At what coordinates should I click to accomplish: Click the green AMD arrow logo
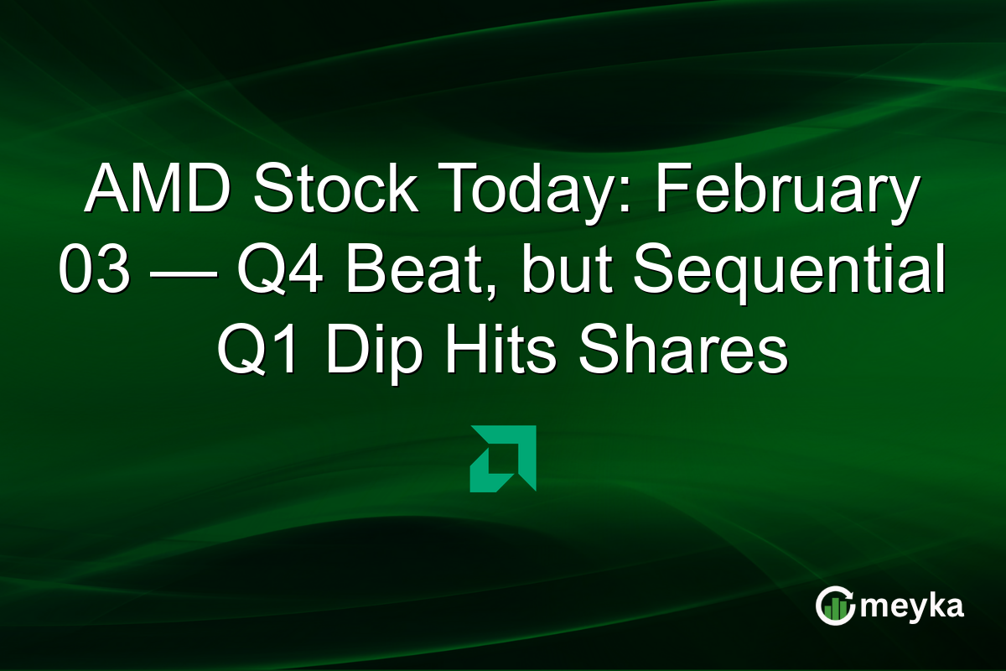(x=503, y=458)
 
